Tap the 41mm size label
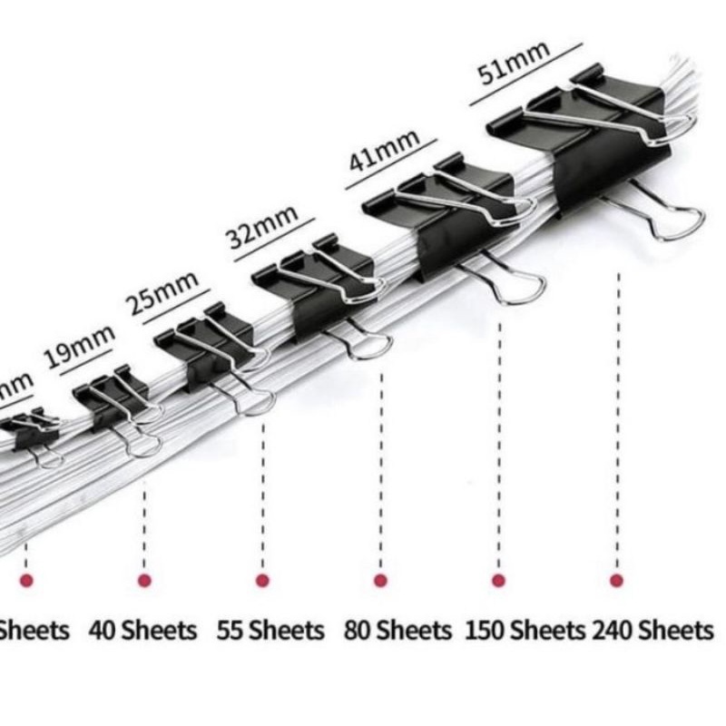tap(385, 151)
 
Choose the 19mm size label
tap(81, 345)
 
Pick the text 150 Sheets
tap(525, 629)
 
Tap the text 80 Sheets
tap(397, 629)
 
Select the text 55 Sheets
tap(270, 629)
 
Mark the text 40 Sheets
tap(143, 629)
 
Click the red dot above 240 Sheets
tap(617, 580)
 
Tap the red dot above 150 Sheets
tap(498, 580)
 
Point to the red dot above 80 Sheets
tap(380, 580)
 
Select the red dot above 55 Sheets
tap(262, 580)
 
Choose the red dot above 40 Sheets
tap(144, 580)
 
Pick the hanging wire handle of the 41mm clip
tap(513, 281)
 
